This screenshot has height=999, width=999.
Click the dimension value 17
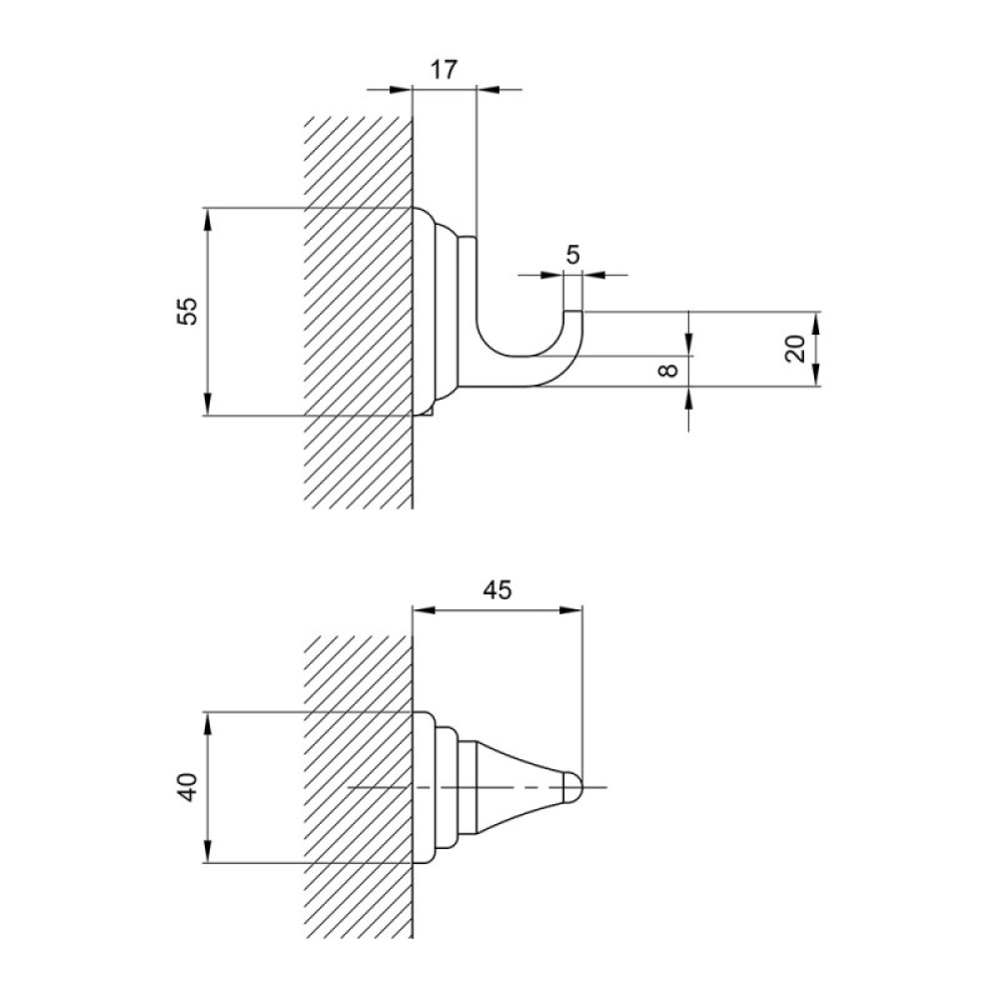tap(444, 69)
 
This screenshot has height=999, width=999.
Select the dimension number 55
tap(188, 312)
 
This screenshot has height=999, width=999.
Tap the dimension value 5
tap(572, 255)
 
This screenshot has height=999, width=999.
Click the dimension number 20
tap(795, 349)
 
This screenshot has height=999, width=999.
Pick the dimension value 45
tap(497, 590)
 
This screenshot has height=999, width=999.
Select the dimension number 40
tap(188, 786)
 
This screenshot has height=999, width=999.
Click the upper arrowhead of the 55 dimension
tap(208, 219)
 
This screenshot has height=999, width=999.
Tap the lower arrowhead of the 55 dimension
tap(208, 404)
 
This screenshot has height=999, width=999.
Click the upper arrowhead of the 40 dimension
tap(208, 723)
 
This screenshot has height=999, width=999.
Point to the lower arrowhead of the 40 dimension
tap(208, 852)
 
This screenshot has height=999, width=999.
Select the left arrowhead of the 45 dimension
tap(425, 609)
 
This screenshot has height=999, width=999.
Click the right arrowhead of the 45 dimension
tap(570, 609)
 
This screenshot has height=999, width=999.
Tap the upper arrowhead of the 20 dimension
tap(816, 323)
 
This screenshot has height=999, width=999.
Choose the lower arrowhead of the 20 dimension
tap(816, 375)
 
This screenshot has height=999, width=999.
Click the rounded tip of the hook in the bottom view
tap(574, 787)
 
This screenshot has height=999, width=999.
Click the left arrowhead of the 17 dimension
tap(402, 89)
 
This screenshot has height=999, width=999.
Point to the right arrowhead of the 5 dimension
tap(594, 276)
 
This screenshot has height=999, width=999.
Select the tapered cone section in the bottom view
tap(519, 787)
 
